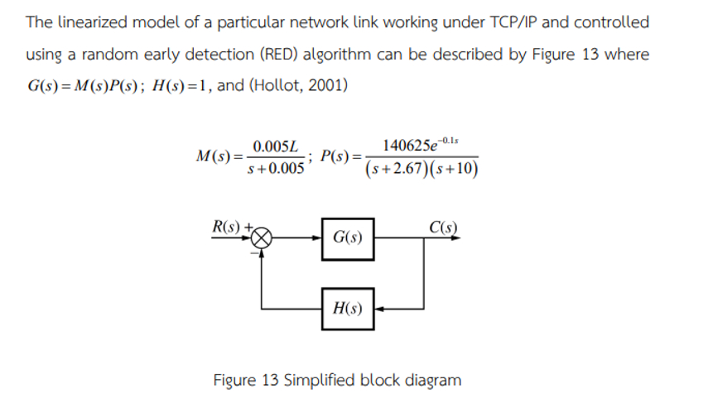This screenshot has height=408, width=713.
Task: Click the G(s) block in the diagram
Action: (348, 238)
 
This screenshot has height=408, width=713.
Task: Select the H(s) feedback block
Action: (348, 309)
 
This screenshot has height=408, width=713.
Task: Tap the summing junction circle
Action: (262, 238)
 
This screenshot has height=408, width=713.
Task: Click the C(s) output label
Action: (444, 226)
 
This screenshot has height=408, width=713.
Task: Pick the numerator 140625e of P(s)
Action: (408, 146)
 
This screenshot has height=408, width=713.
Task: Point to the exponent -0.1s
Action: (455, 140)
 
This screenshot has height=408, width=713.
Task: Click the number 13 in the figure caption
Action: (269, 380)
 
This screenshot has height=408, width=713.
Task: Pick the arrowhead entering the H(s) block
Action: (379, 309)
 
